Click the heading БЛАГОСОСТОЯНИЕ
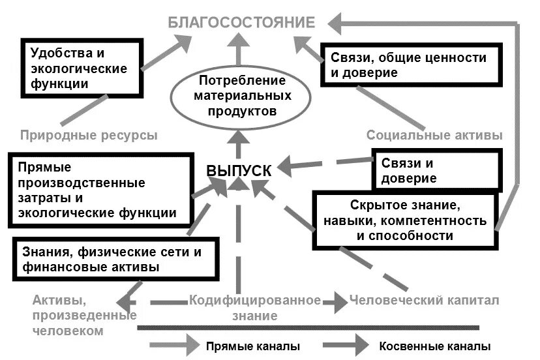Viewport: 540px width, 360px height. (x=241, y=23)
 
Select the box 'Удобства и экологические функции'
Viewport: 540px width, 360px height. (x=83, y=68)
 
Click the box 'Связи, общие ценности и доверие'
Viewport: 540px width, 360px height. (x=409, y=65)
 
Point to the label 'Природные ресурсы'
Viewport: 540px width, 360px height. (x=89, y=136)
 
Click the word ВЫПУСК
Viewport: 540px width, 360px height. (x=239, y=170)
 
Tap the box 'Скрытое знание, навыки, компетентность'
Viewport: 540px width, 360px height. (x=404, y=220)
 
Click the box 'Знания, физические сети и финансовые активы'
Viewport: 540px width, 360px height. (x=115, y=259)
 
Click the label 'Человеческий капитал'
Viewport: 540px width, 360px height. (x=424, y=301)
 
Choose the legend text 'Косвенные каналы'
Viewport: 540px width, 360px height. (x=434, y=346)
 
